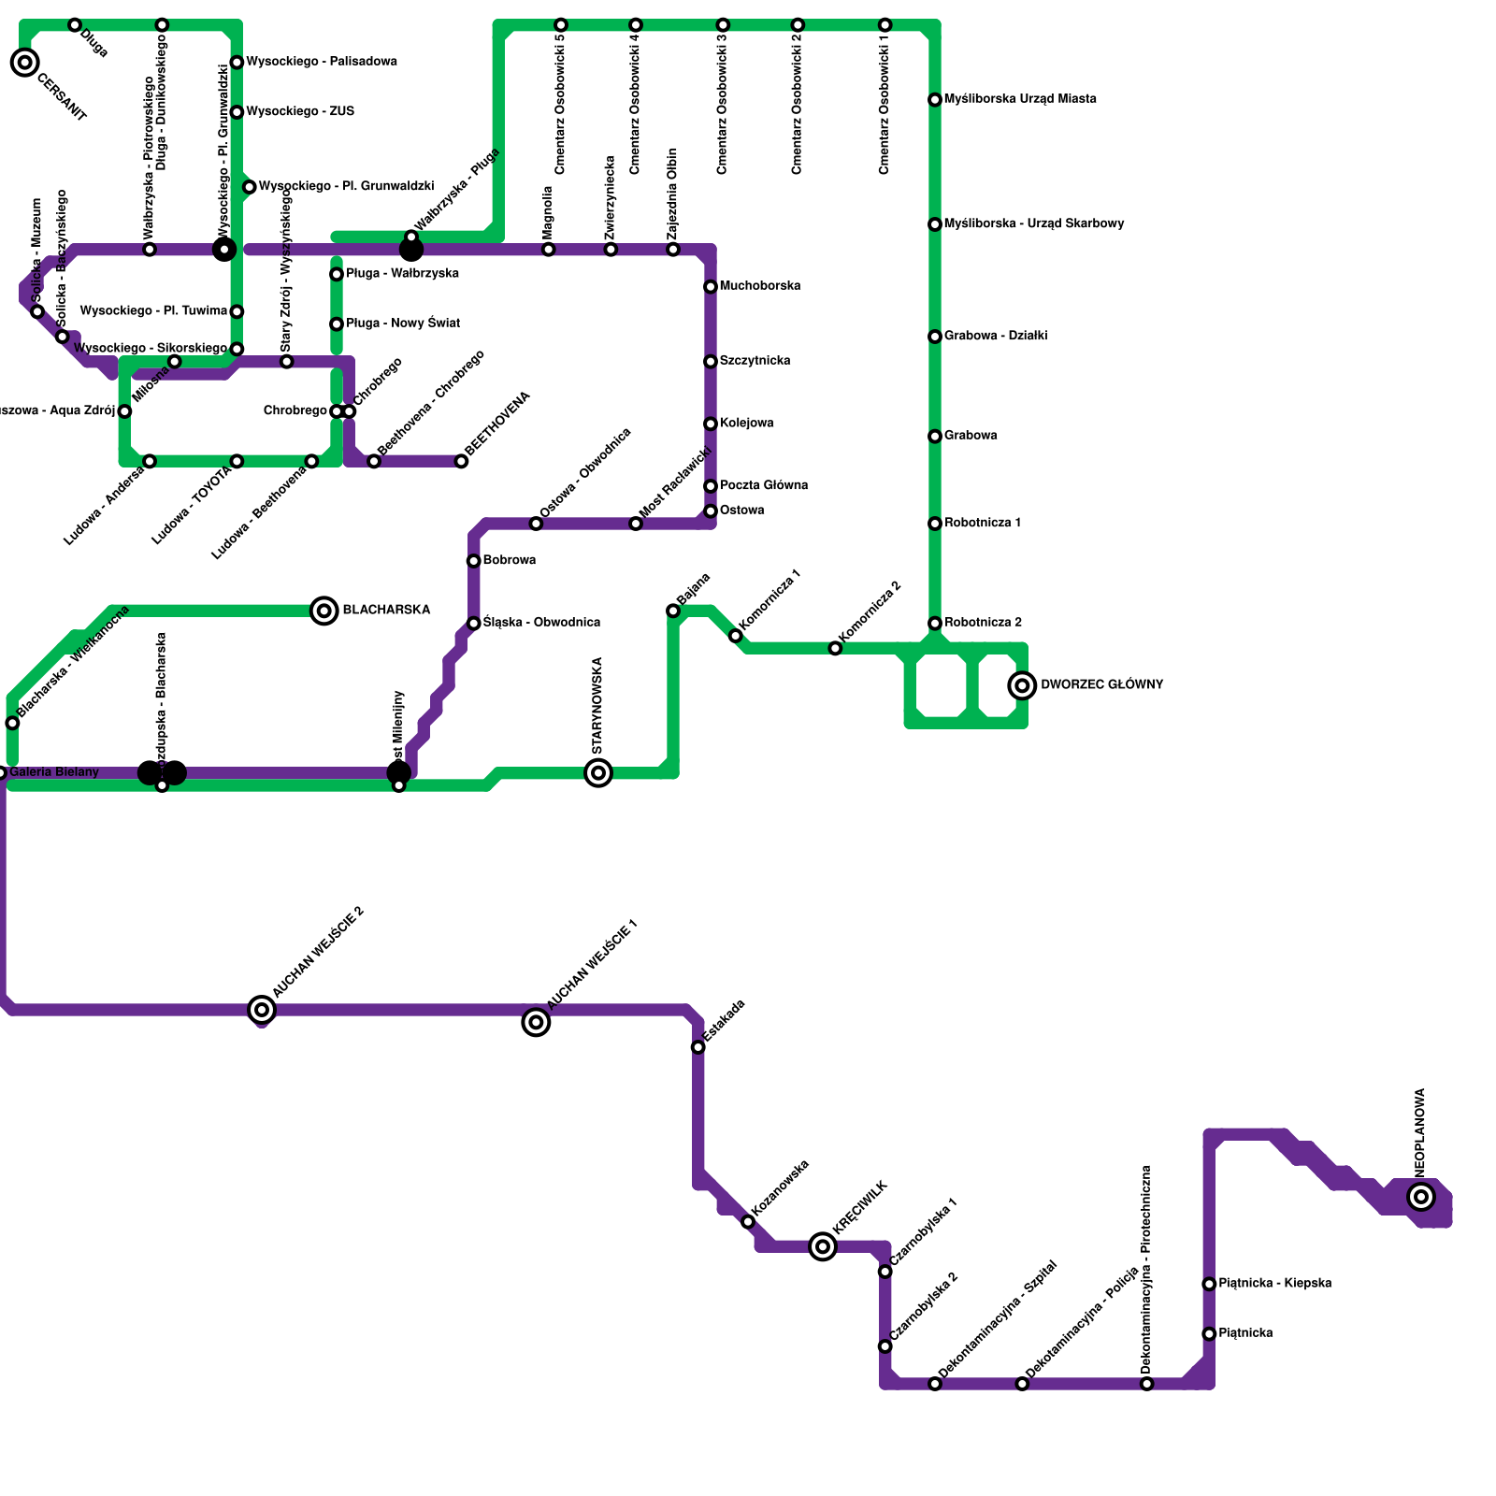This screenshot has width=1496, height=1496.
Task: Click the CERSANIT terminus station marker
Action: pyautogui.click(x=25, y=63)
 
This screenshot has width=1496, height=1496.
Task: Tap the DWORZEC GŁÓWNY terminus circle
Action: pyautogui.click(x=1023, y=685)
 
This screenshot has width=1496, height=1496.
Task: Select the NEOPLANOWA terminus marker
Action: pyautogui.click(x=1421, y=1196)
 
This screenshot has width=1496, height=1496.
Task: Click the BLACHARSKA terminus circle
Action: pyautogui.click(x=324, y=611)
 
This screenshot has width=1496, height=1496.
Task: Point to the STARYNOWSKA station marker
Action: pyautogui.click(x=598, y=772)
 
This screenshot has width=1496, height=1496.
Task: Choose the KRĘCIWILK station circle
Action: pyautogui.click(x=823, y=1245)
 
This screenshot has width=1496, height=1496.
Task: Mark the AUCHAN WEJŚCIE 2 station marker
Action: pyautogui.click(x=263, y=1009)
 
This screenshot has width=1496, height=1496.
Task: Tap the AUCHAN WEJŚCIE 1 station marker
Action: pyautogui.click(x=536, y=1022)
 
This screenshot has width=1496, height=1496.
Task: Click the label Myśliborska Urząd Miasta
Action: pyautogui.click(x=1020, y=99)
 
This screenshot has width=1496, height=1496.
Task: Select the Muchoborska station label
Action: pyautogui.click(x=759, y=286)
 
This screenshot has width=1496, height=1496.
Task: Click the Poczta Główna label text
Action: pyautogui.click(x=763, y=485)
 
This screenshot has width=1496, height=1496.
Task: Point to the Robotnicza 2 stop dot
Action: pyautogui.click(x=935, y=624)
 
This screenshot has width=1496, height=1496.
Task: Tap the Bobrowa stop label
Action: pyautogui.click(x=509, y=561)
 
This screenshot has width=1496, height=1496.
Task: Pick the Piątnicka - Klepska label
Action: pyautogui.click(x=1274, y=1284)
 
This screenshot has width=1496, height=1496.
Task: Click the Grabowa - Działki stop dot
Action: pyautogui.click(x=935, y=337)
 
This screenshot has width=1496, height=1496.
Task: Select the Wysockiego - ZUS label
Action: pyautogui.click(x=300, y=112)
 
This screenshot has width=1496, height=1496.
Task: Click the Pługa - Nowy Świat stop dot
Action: pyautogui.click(x=337, y=324)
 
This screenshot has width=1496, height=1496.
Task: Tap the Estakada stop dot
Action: pyautogui.click(x=698, y=1047)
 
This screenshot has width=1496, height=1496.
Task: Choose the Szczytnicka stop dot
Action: pyautogui.click(x=711, y=362)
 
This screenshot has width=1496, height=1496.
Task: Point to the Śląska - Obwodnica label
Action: pyautogui.click(x=541, y=623)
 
